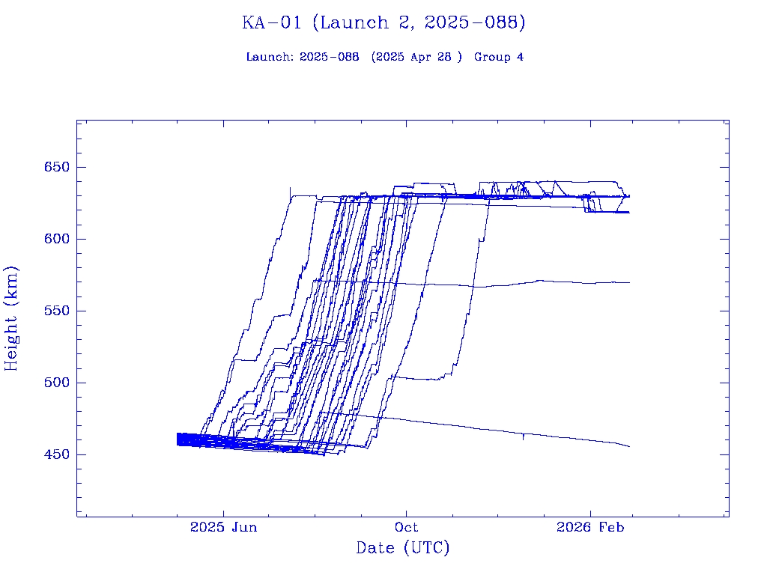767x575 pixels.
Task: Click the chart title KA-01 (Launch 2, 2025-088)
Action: [x=383, y=23]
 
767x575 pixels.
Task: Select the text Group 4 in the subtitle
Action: [x=499, y=57]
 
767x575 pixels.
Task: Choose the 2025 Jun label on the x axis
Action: [x=223, y=527]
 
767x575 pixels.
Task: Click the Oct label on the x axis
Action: [x=407, y=527]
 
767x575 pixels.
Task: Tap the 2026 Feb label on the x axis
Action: [x=589, y=527]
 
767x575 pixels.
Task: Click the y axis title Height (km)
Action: [x=12, y=317]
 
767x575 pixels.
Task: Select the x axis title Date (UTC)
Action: [x=403, y=548]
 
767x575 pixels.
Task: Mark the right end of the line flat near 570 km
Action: [x=629, y=282]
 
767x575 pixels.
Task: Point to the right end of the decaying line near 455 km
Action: [x=629, y=447]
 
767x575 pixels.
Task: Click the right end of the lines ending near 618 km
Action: [x=629, y=213]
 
